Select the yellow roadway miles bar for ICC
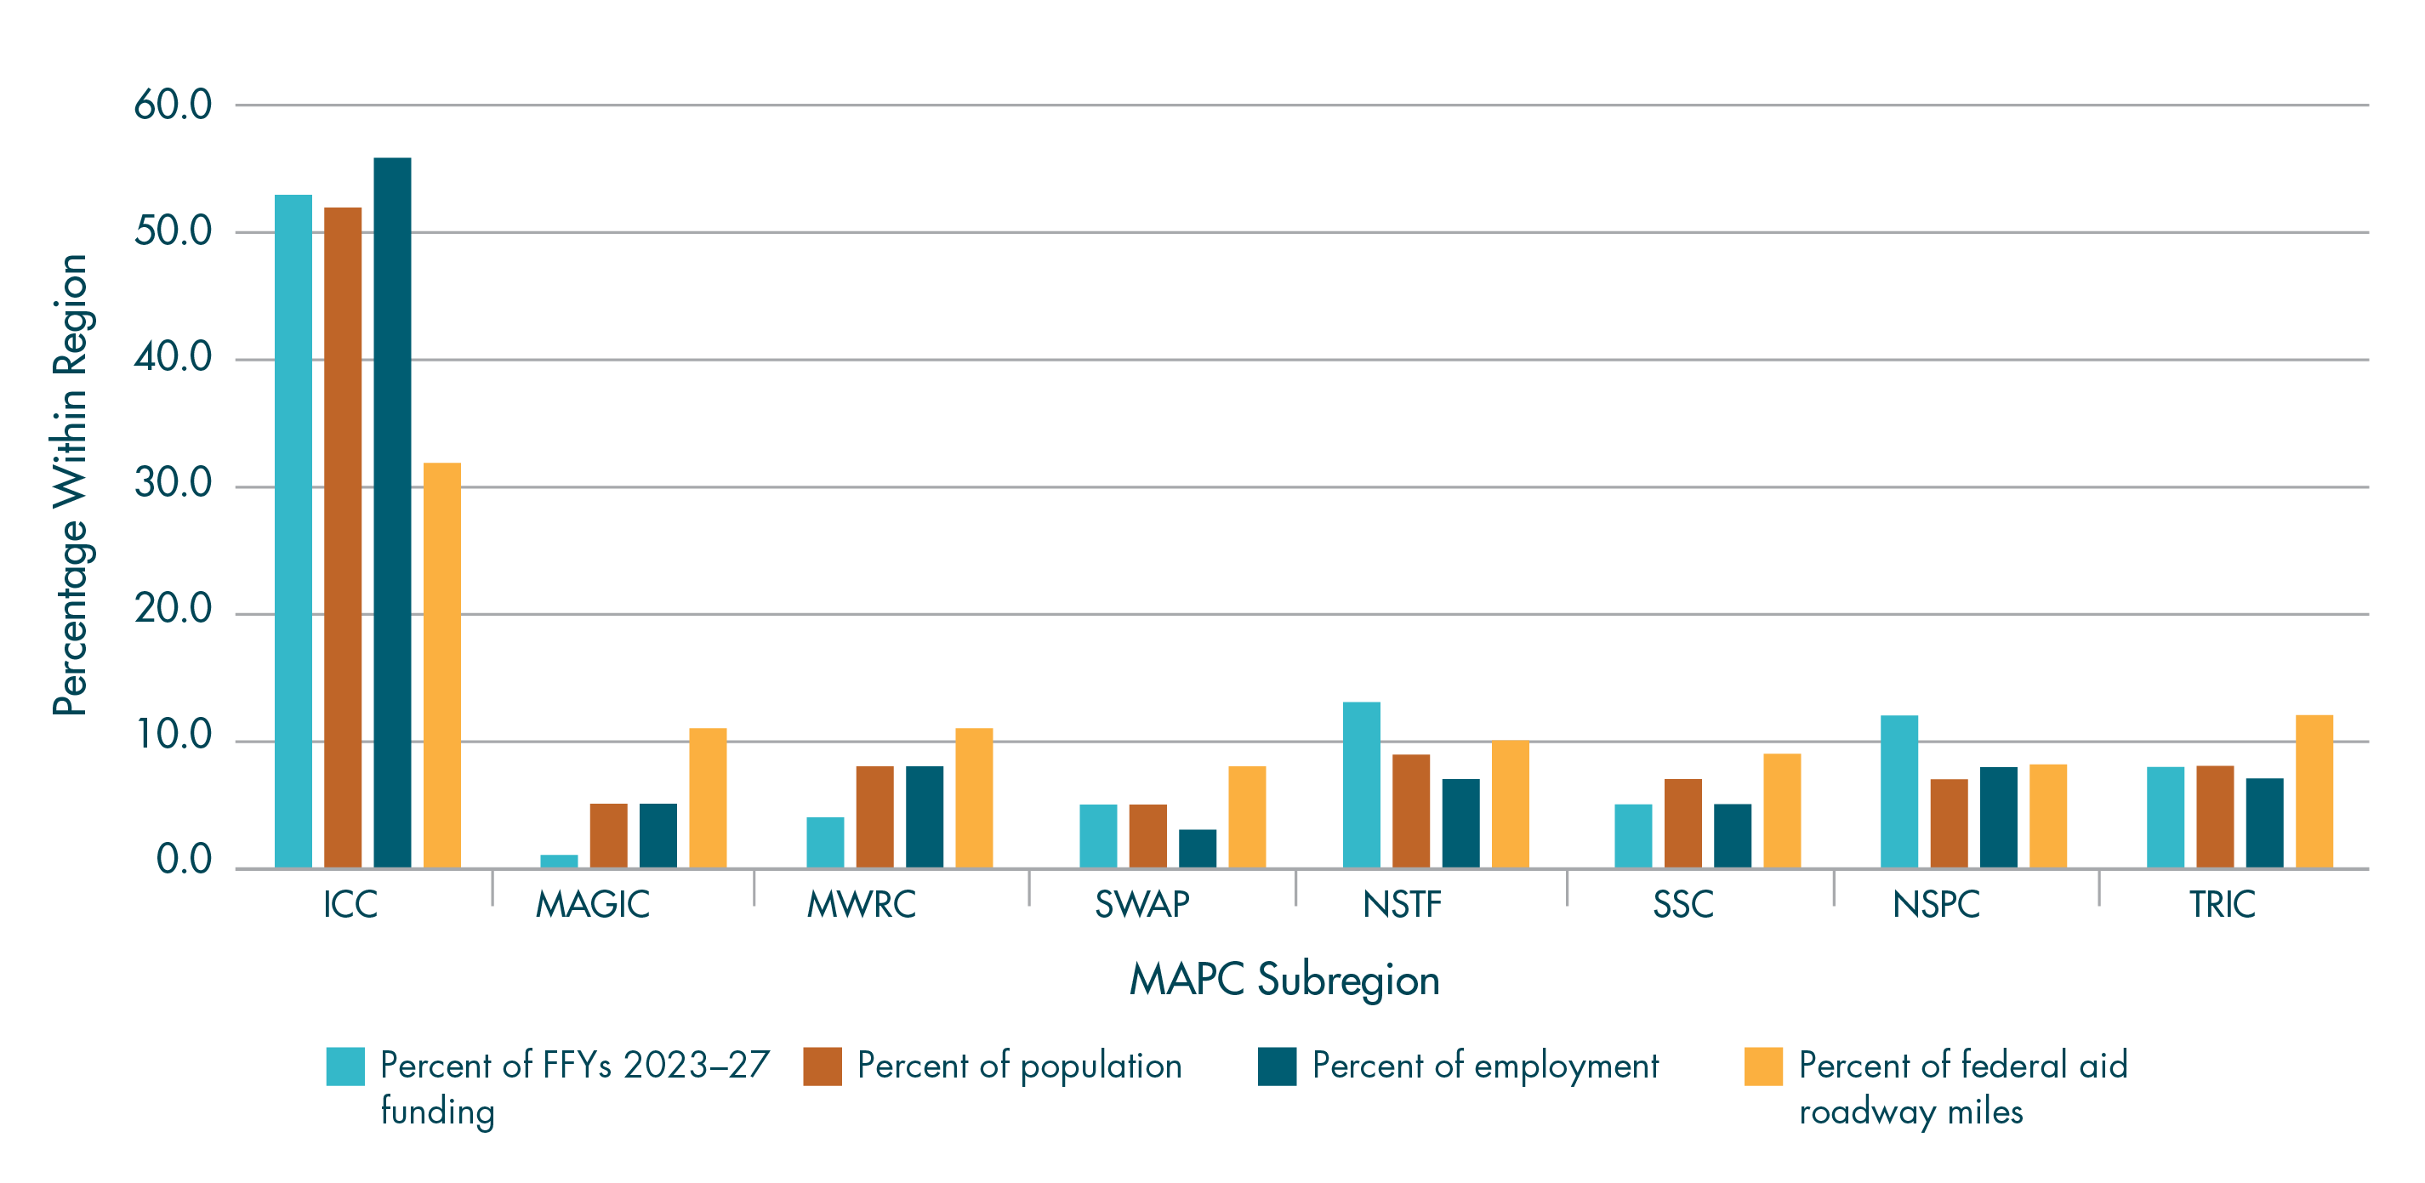pos(441,664)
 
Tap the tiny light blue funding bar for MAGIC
pos(558,862)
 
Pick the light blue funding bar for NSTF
pos(1361,785)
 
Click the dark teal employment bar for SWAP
pos(1198,848)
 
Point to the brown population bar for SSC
pos(1682,822)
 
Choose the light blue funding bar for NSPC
pos(1898,792)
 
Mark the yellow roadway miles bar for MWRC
pos(973,797)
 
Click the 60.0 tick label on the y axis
pos(173,105)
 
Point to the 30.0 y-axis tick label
pos(173,484)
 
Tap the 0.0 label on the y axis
pos(184,860)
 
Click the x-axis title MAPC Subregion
pos(1284,980)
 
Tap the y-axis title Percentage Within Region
pos(71,485)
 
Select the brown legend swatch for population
pos(822,1066)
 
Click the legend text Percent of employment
pos(1484,1066)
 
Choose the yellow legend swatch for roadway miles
pos(1762,1066)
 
